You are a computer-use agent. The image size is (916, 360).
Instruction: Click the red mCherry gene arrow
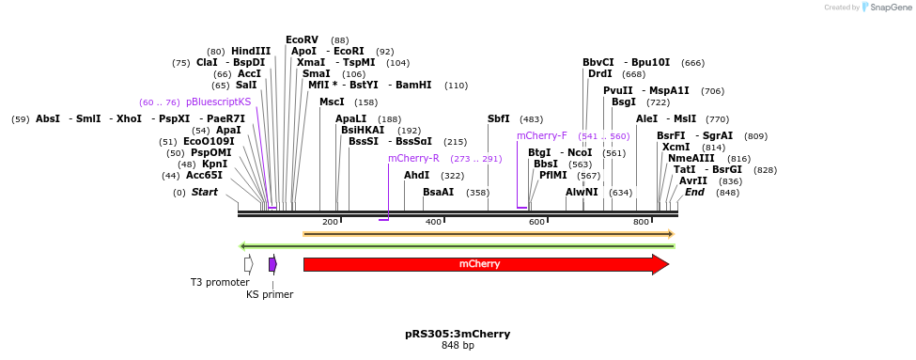click(x=479, y=264)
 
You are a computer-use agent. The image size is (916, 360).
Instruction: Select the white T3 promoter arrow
click(x=248, y=264)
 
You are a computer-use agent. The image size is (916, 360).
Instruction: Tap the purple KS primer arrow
click(x=272, y=264)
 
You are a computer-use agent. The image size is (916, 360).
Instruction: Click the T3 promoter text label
click(x=219, y=282)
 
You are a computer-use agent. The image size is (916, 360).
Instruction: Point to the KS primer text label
click(x=270, y=294)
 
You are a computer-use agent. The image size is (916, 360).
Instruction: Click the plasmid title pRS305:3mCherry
click(x=458, y=334)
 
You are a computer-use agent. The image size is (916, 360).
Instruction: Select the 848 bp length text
click(x=458, y=346)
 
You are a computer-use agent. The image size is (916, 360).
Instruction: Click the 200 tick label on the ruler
click(x=330, y=222)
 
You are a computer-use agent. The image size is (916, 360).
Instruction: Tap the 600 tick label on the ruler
click(x=536, y=222)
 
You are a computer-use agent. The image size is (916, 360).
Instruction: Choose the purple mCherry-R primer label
click(x=413, y=158)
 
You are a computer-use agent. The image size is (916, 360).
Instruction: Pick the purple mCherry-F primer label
click(x=542, y=135)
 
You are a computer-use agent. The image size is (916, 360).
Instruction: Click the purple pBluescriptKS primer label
click(x=218, y=102)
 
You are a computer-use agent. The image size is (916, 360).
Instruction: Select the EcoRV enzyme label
click(x=302, y=39)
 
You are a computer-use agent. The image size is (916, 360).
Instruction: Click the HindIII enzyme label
click(x=251, y=51)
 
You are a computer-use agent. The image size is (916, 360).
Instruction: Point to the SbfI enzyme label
click(x=499, y=118)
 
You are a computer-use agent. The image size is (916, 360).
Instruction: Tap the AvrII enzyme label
click(x=693, y=180)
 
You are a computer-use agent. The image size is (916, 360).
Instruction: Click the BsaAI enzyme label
click(x=438, y=192)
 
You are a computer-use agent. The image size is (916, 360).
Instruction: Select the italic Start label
click(x=205, y=192)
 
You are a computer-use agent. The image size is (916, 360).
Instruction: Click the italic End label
click(x=694, y=192)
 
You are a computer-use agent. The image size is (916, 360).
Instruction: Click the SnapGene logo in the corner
click(x=884, y=8)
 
